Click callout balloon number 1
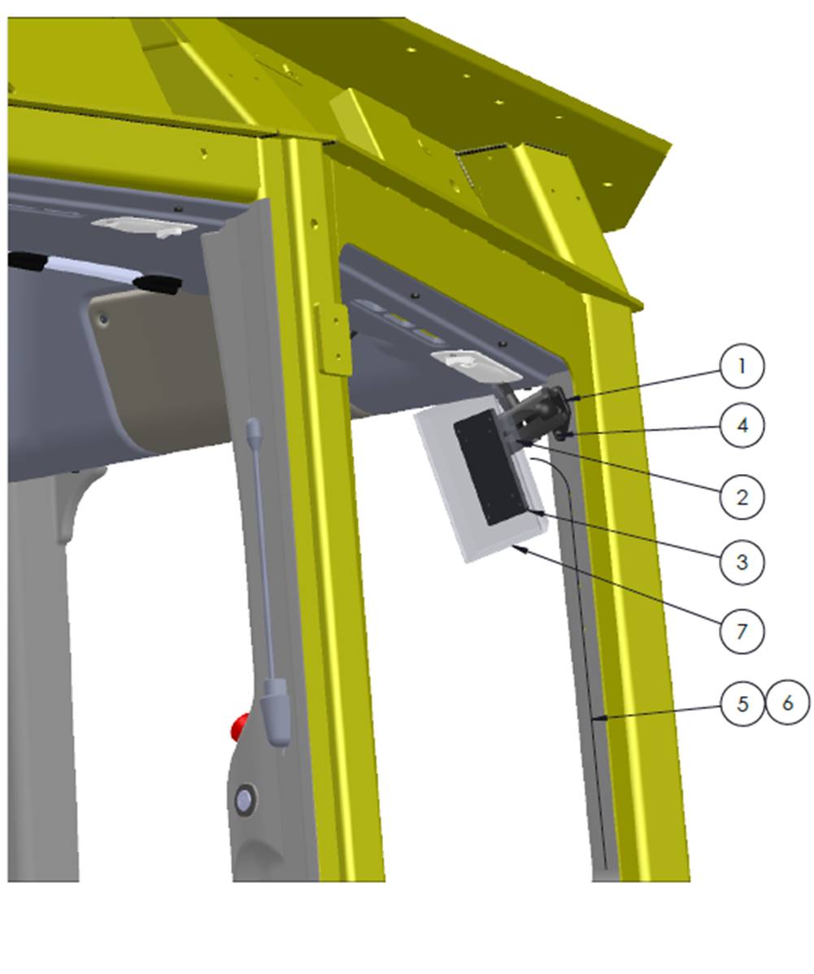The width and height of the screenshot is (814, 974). coord(742,367)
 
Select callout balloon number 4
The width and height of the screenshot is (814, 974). coord(742,425)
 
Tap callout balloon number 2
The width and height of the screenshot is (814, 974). coord(742,497)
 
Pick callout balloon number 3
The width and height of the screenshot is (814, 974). coord(742,562)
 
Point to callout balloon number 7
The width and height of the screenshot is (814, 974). coord(742,632)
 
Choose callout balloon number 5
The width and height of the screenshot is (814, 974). coord(742,703)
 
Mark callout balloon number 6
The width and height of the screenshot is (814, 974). coord(788,703)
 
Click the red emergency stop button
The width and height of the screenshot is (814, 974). coord(240,727)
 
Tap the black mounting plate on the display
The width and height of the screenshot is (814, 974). coord(490,470)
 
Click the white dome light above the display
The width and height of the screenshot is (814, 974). coord(476,365)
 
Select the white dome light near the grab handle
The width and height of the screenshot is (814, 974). coord(145,226)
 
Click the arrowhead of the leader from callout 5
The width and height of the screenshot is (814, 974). coord(598,719)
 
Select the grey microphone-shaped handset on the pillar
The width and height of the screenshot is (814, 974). coord(268,581)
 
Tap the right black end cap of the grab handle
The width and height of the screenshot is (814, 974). coord(159,283)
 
